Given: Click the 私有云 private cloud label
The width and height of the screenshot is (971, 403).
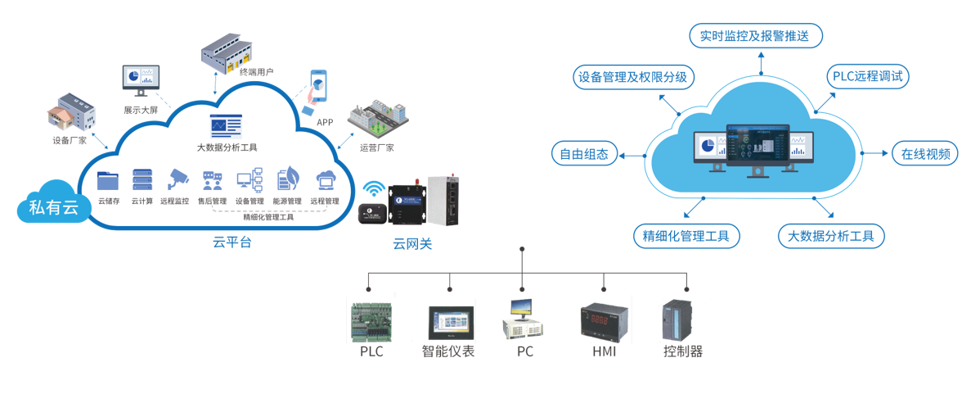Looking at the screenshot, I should click(53, 207).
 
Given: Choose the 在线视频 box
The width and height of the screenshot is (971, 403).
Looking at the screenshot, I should click(924, 154).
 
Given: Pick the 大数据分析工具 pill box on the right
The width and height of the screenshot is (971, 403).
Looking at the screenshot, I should click(830, 237).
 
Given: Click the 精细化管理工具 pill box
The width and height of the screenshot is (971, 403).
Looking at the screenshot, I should click(686, 237).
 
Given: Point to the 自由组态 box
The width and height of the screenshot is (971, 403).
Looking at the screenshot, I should click(584, 154).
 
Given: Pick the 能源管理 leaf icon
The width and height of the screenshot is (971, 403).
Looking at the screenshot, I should click(287, 179).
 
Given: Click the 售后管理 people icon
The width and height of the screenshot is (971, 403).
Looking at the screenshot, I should click(213, 180).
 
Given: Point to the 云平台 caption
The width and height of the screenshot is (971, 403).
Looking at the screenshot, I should click(232, 242).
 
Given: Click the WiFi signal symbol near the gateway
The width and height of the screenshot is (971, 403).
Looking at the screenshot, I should click(373, 188).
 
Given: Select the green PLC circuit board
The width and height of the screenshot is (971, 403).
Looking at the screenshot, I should click(372, 321).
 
